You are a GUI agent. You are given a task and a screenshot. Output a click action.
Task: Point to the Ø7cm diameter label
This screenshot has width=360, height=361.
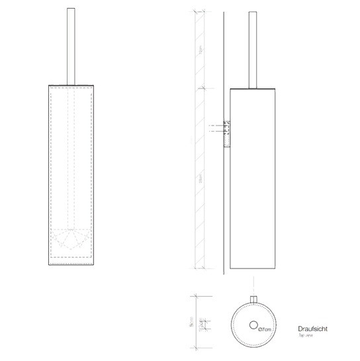(267, 329)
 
